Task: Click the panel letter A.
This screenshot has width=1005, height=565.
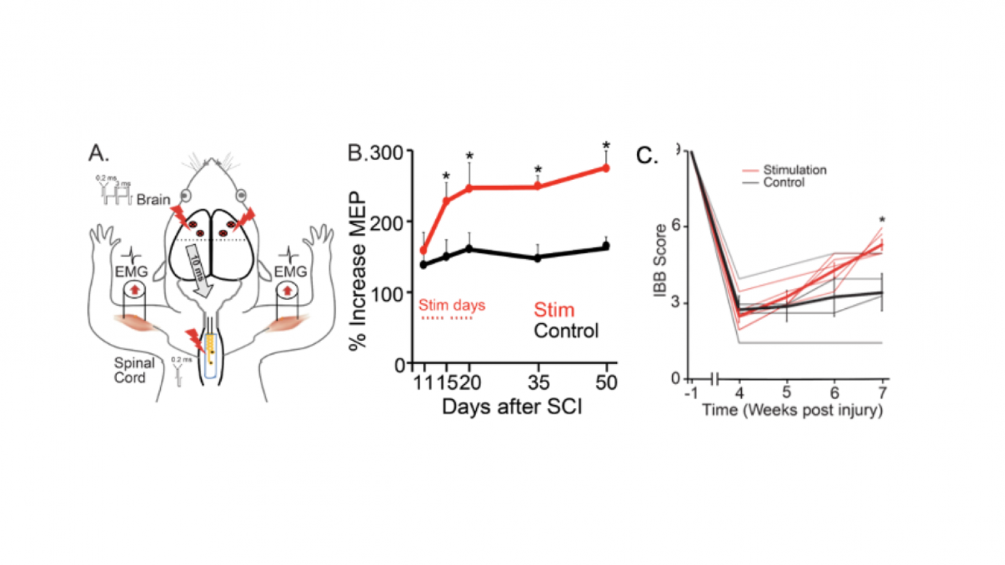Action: click(98, 153)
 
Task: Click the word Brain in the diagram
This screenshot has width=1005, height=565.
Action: click(153, 200)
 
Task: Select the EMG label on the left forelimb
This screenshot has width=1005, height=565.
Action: click(131, 272)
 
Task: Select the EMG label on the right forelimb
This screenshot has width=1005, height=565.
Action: click(290, 272)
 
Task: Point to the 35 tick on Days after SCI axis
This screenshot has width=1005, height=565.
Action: click(538, 382)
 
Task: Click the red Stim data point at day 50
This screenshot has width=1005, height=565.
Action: click(606, 168)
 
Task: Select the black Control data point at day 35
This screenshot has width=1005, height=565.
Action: click(538, 258)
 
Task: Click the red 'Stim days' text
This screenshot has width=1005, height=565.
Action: click(452, 305)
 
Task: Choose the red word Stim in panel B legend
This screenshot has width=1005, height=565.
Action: click(554, 309)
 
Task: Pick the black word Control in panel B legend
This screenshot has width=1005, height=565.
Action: click(566, 331)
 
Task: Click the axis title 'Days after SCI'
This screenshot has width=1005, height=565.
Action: click(512, 407)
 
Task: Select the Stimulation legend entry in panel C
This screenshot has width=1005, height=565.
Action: click(794, 169)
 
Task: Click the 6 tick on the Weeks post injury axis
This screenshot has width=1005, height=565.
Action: click(834, 393)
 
